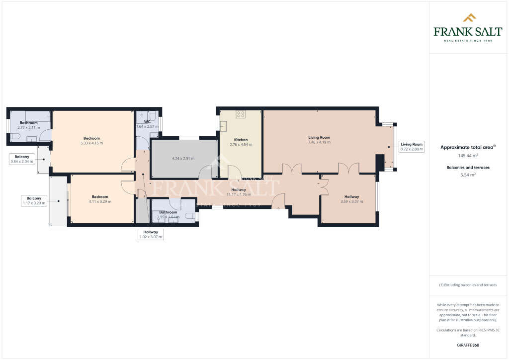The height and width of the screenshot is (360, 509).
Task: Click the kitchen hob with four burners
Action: click(x=241, y=114)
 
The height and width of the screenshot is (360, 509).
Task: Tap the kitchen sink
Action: click(x=223, y=126)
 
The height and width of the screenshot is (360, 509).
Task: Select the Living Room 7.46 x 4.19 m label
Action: click(x=319, y=140)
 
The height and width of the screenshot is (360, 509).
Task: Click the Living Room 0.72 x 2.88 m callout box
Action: click(x=412, y=147)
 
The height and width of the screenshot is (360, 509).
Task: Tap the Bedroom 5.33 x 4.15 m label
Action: click(x=91, y=140)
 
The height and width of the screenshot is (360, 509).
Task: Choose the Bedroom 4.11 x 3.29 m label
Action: click(x=100, y=199)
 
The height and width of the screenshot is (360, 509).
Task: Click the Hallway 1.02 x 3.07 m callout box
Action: click(x=151, y=235)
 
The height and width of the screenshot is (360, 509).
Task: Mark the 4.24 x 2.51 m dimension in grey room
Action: click(x=183, y=159)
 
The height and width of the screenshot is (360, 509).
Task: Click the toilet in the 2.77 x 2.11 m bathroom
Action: click(x=14, y=135)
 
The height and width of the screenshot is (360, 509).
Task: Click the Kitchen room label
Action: click(x=241, y=140)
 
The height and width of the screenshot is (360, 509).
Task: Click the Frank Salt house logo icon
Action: click(x=469, y=18)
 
